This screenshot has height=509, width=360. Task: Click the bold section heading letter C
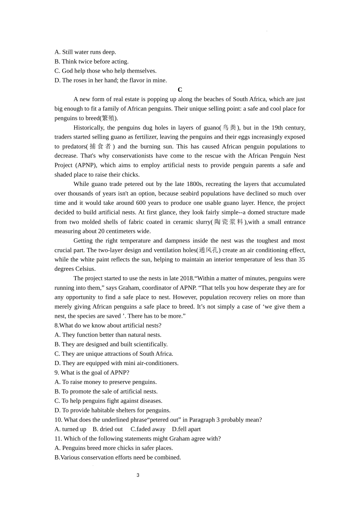click(180, 90)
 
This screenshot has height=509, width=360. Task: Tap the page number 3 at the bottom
click(138, 475)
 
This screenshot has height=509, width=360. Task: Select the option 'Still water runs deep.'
click(85, 52)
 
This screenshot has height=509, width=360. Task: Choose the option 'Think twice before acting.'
click(91, 62)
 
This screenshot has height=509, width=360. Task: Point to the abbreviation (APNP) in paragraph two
click(86, 165)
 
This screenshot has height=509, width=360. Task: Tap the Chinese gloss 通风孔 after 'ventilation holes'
click(209, 250)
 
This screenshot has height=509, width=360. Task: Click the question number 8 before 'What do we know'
click(56, 326)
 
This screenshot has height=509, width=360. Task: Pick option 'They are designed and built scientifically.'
click(111, 344)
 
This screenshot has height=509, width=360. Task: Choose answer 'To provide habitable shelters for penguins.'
click(113, 410)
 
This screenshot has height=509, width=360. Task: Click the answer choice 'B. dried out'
click(108, 429)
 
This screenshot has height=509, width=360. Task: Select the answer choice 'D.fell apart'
click(186, 429)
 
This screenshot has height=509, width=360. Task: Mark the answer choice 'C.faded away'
click(148, 429)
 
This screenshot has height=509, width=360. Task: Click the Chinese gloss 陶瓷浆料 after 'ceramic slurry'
click(229, 222)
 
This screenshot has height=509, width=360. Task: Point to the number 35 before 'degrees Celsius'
click(302, 259)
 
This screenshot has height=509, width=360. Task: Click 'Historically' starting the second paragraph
click(88, 128)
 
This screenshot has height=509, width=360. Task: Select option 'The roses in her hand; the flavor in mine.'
click(111, 80)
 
